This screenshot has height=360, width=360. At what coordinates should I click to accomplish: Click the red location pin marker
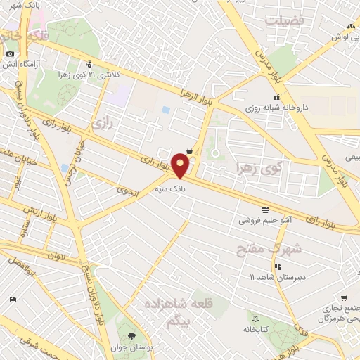pyautogui.click(x=181, y=166)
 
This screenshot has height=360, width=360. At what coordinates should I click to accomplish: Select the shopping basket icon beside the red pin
pyautogui.click(x=190, y=150)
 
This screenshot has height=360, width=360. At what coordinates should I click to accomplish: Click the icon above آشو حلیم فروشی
pyautogui.click(x=264, y=210)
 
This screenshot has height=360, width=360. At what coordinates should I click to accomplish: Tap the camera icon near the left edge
pyautogui.click(x=10, y=54)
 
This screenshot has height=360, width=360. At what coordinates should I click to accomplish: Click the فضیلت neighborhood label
pyautogui.click(x=284, y=20)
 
